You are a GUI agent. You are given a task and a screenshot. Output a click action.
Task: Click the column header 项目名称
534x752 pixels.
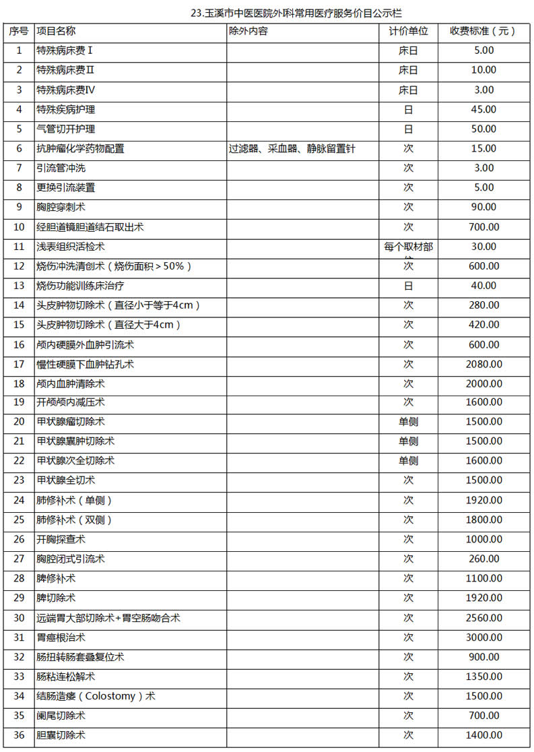point(56,32)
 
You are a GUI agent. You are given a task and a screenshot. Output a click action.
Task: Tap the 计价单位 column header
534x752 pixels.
point(408,32)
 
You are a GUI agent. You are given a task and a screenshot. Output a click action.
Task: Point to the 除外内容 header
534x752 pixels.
point(248,32)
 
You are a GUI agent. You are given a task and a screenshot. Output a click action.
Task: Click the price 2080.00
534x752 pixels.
point(483,365)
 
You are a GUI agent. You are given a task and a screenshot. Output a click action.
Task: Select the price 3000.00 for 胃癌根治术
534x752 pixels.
point(483,637)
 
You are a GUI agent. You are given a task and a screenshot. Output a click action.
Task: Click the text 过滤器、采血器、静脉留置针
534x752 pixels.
point(292,149)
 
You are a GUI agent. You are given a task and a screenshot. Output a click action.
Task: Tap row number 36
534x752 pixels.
point(19,735)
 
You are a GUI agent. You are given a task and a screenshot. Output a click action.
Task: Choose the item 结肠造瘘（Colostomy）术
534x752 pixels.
point(96,696)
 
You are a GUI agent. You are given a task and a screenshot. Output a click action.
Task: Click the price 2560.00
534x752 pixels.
point(483,618)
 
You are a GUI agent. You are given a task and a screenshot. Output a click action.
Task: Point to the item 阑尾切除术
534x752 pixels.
point(61,716)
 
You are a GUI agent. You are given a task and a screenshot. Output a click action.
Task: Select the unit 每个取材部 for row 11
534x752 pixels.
point(408,247)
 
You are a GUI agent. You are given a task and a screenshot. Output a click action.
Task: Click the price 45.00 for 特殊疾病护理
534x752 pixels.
point(483,110)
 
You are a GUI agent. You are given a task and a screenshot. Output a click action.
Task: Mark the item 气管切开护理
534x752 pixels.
point(65,129)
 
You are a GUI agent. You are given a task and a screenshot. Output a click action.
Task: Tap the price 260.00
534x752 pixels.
point(483,559)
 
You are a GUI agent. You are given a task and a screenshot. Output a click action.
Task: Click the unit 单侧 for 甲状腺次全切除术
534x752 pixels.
point(408,461)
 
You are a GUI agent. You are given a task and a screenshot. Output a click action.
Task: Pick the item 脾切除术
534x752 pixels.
point(56,598)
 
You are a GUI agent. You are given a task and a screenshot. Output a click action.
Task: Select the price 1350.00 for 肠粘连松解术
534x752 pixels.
point(483,677)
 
